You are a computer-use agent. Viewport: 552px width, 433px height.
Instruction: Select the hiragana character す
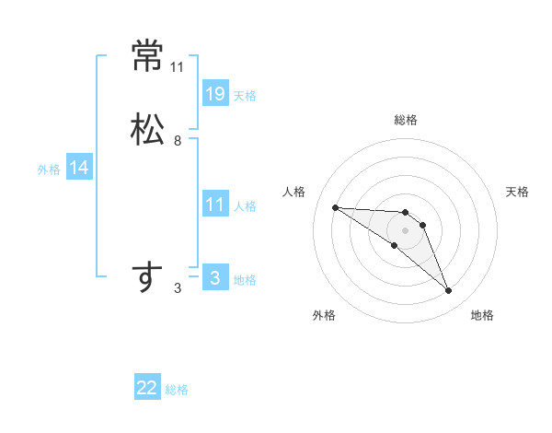(147, 276)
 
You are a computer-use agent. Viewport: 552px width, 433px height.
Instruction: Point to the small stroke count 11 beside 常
(178, 67)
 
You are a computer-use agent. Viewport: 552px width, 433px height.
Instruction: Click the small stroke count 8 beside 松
(178, 141)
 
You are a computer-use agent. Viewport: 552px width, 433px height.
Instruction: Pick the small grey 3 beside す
(178, 288)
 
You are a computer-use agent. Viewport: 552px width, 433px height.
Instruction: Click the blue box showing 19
(215, 93)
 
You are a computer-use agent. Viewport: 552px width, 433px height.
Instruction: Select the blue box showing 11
(215, 205)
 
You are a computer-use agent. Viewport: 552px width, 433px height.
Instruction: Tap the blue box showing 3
(215, 277)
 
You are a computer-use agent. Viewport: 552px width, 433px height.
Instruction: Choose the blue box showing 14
(79, 168)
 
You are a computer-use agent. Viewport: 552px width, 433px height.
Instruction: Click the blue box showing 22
(147, 388)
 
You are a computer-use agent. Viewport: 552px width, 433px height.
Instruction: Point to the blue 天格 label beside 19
(245, 96)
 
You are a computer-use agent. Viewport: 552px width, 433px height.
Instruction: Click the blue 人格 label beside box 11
(245, 206)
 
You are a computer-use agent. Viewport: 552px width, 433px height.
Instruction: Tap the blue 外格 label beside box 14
(49, 170)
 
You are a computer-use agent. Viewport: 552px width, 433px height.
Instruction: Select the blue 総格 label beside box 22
(177, 390)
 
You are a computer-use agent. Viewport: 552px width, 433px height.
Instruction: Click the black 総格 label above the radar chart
(406, 120)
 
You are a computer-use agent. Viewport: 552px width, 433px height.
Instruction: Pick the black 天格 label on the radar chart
(517, 192)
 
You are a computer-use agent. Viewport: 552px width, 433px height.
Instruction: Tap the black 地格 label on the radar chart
(482, 315)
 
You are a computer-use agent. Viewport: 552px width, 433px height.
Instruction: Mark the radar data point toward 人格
(335, 207)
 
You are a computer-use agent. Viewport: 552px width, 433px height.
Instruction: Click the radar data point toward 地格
(449, 291)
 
